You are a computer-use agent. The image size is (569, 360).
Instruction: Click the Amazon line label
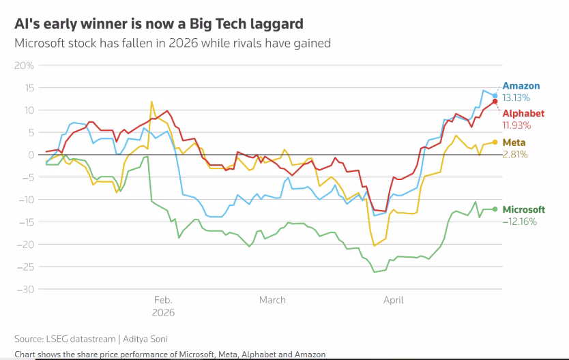521,86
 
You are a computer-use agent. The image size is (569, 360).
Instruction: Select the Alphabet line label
523,113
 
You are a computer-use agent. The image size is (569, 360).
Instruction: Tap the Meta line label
513,142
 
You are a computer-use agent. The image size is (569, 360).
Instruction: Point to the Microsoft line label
524,209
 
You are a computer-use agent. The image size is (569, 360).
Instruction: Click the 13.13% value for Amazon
516,98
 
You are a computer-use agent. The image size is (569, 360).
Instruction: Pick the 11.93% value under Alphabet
516,125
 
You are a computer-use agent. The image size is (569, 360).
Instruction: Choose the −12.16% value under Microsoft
519,222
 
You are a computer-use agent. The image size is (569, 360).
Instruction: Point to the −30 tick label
25,289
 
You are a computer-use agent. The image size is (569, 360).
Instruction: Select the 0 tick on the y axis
31,155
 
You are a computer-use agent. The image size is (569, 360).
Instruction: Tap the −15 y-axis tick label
25,222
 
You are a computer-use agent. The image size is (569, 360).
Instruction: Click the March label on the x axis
272,300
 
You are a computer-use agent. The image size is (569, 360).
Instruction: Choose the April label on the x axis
394,300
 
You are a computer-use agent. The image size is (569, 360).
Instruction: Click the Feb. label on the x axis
163,300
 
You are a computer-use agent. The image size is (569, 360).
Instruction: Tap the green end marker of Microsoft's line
495,209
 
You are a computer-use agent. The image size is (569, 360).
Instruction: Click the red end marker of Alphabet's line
495,102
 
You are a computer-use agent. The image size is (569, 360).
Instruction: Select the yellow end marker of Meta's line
495,142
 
